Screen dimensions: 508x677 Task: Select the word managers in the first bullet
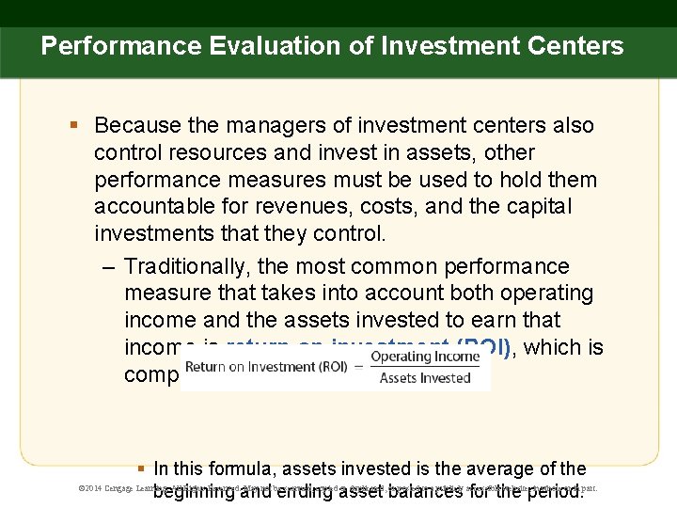click(264, 125)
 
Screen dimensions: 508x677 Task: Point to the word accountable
click(150, 206)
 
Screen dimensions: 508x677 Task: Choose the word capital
click(556, 206)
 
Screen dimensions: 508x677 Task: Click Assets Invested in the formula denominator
click(424, 378)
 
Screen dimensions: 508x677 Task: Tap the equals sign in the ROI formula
click(358, 367)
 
